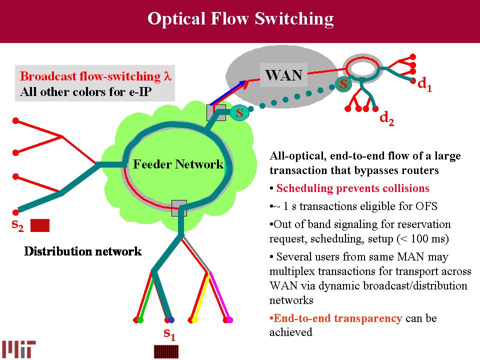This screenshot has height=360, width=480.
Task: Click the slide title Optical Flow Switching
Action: (x=240, y=19)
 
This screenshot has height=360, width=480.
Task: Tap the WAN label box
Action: (x=283, y=75)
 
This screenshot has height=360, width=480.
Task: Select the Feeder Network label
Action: (x=177, y=164)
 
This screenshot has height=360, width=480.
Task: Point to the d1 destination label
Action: (x=424, y=85)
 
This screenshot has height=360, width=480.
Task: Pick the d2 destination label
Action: (x=386, y=118)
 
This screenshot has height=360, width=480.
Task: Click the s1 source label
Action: (x=169, y=334)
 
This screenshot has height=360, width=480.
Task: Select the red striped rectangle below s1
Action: (x=165, y=351)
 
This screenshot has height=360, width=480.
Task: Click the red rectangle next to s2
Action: (x=40, y=225)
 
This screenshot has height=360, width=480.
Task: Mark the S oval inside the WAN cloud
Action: (x=343, y=84)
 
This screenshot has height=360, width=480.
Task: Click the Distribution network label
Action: (x=83, y=251)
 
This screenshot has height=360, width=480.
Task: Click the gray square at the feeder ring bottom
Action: (x=179, y=207)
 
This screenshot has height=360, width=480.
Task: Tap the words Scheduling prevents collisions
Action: (x=352, y=188)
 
